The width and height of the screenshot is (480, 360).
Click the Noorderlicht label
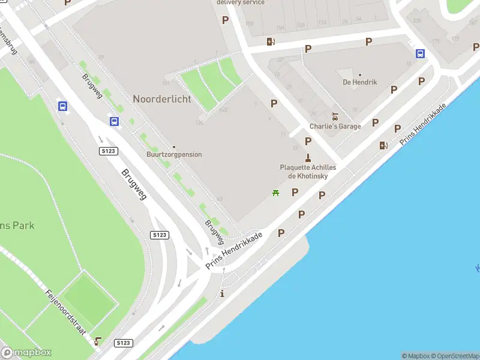point(162,99)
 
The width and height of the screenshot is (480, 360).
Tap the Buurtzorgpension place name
point(174,155)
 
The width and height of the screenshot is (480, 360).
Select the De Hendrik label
point(360,82)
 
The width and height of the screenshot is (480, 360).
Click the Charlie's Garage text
point(335,127)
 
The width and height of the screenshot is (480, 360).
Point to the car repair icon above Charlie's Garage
point(335,116)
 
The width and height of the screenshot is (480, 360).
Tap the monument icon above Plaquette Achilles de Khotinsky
point(308,158)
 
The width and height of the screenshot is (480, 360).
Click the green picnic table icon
point(275,193)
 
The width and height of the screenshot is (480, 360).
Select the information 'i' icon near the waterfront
point(223,293)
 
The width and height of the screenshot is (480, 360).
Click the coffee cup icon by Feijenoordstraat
point(98,341)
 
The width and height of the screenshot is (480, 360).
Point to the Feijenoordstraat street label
point(66,312)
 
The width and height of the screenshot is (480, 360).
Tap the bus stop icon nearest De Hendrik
point(421,53)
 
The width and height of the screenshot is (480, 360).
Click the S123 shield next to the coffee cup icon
point(122,343)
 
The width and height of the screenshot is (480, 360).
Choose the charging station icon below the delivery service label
point(271,41)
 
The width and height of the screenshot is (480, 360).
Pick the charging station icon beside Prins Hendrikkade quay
point(383,145)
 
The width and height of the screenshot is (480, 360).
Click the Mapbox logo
point(26,352)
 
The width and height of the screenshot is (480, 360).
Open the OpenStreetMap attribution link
point(454,356)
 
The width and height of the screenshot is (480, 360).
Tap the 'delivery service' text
point(241,2)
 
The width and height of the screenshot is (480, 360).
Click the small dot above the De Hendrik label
point(360,75)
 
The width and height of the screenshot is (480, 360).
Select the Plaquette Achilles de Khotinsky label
point(308,172)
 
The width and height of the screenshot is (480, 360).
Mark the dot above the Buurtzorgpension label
point(174,147)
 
